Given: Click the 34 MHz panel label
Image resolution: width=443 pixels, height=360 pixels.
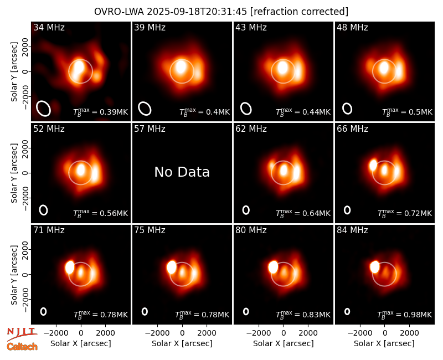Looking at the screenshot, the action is click(49, 27).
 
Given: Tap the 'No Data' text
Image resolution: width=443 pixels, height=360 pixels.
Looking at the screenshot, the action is click(182, 172).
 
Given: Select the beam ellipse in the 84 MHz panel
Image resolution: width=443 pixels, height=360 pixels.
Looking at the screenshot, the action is click(347, 311).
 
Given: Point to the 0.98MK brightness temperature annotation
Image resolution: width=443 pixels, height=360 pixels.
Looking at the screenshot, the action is click(405, 314).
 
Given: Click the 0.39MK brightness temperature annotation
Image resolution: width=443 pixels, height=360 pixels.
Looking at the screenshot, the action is click(101, 111).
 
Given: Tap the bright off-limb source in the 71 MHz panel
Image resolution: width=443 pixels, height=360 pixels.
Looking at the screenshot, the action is click(70, 267).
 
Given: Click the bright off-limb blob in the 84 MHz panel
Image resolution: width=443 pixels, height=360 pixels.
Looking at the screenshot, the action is click(375, 267).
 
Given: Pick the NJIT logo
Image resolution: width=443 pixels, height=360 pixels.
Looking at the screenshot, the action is click(22, 333).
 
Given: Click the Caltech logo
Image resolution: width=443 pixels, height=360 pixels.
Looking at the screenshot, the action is click(22, 347).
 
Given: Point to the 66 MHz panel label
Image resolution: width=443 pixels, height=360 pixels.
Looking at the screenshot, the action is click(352, 129).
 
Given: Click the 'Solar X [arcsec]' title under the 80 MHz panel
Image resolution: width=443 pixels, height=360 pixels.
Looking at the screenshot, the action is click(284, 343).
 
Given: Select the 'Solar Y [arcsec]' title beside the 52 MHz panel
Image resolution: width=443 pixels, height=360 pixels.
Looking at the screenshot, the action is click(14, 173).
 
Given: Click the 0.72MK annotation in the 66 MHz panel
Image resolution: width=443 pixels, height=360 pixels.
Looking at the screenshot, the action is click(405, 213).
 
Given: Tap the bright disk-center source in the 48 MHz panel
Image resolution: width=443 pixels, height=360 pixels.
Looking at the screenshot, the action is click(384, 68).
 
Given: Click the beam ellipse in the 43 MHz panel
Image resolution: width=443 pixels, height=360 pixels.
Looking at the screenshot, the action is click(246, 109).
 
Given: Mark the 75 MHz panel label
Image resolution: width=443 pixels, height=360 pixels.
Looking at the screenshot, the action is click(150, 230).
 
